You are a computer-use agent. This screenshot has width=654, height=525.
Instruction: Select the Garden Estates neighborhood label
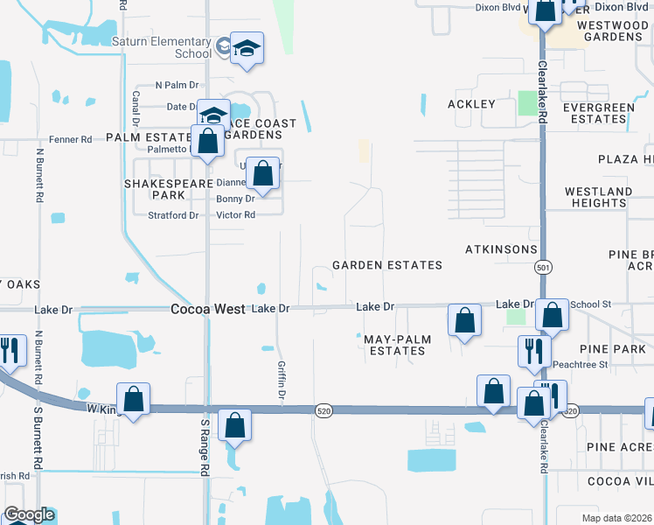(x=386, y=265)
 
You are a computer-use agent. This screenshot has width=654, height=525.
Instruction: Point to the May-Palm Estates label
(x=393, y=345)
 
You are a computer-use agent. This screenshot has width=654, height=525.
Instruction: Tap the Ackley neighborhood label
(x=471, y=104)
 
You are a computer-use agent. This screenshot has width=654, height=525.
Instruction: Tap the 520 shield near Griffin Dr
(x=324, y=410)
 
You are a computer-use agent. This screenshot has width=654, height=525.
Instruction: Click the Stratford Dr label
(x=173, y=215)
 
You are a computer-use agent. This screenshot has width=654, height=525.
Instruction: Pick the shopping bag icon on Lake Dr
(x=464, y=320)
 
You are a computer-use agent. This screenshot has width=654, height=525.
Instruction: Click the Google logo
(x=29, y=515)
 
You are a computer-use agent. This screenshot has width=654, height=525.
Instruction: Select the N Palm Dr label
(x=177, y=86)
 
